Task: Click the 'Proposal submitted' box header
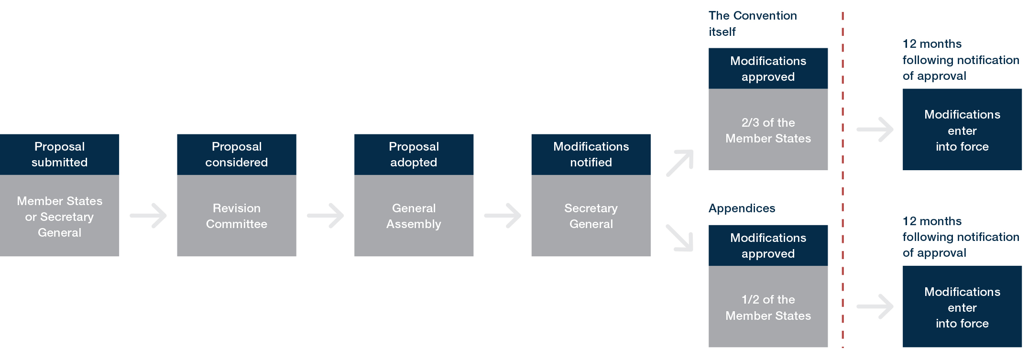click(x=59, y=154)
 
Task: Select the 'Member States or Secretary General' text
click(x=59, y=217)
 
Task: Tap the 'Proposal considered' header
click(x=236, y=154)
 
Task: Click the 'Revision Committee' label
click(x=236, y=216)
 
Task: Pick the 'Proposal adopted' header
click(x=414, y=154)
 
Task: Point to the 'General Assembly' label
click(x=414, y=216)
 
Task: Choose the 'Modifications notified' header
click(x=591, y=154)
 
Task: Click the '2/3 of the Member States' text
click(x=768, y=131)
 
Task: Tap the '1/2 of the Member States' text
click(x=768, y=307)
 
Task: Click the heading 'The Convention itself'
click(x=752, y=23)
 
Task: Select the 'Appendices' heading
click(x=742, y=208)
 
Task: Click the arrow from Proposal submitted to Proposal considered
click(x=149, y=216)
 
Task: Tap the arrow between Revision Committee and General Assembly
click(x=326, y=216)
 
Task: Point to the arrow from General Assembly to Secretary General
click(x=503, y=216)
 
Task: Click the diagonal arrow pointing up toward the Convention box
click(x=680, y=163)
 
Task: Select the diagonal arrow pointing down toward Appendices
click(x=680, y=238)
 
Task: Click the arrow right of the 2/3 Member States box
click(x=875, y=130)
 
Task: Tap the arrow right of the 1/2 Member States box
click(x=875, y=306)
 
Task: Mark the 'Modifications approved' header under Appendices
click(x=768, y=246)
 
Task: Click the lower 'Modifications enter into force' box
click(x=962, y=307)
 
